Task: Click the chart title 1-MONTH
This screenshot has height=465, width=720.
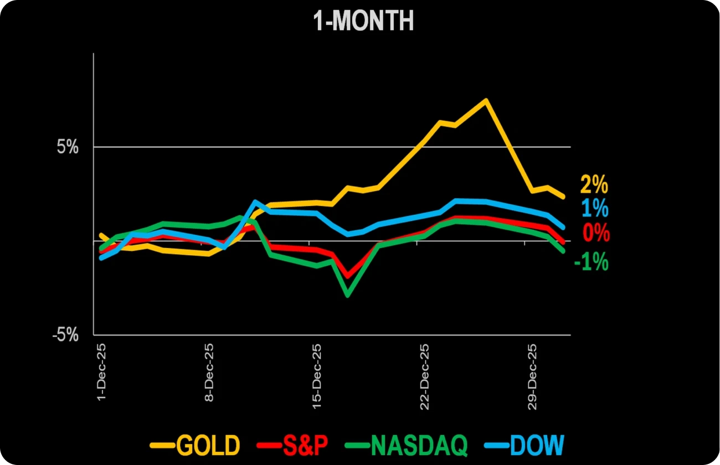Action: point(363,22)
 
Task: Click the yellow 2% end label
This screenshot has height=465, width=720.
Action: point(594,184)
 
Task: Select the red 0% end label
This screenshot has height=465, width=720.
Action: point(596,233)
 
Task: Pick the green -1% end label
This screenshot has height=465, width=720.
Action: point(591,261)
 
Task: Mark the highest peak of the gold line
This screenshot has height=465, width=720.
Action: point(486,101)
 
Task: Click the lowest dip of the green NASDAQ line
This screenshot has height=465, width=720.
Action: point(347,295)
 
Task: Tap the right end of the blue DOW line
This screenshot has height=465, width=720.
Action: point(563,227)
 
